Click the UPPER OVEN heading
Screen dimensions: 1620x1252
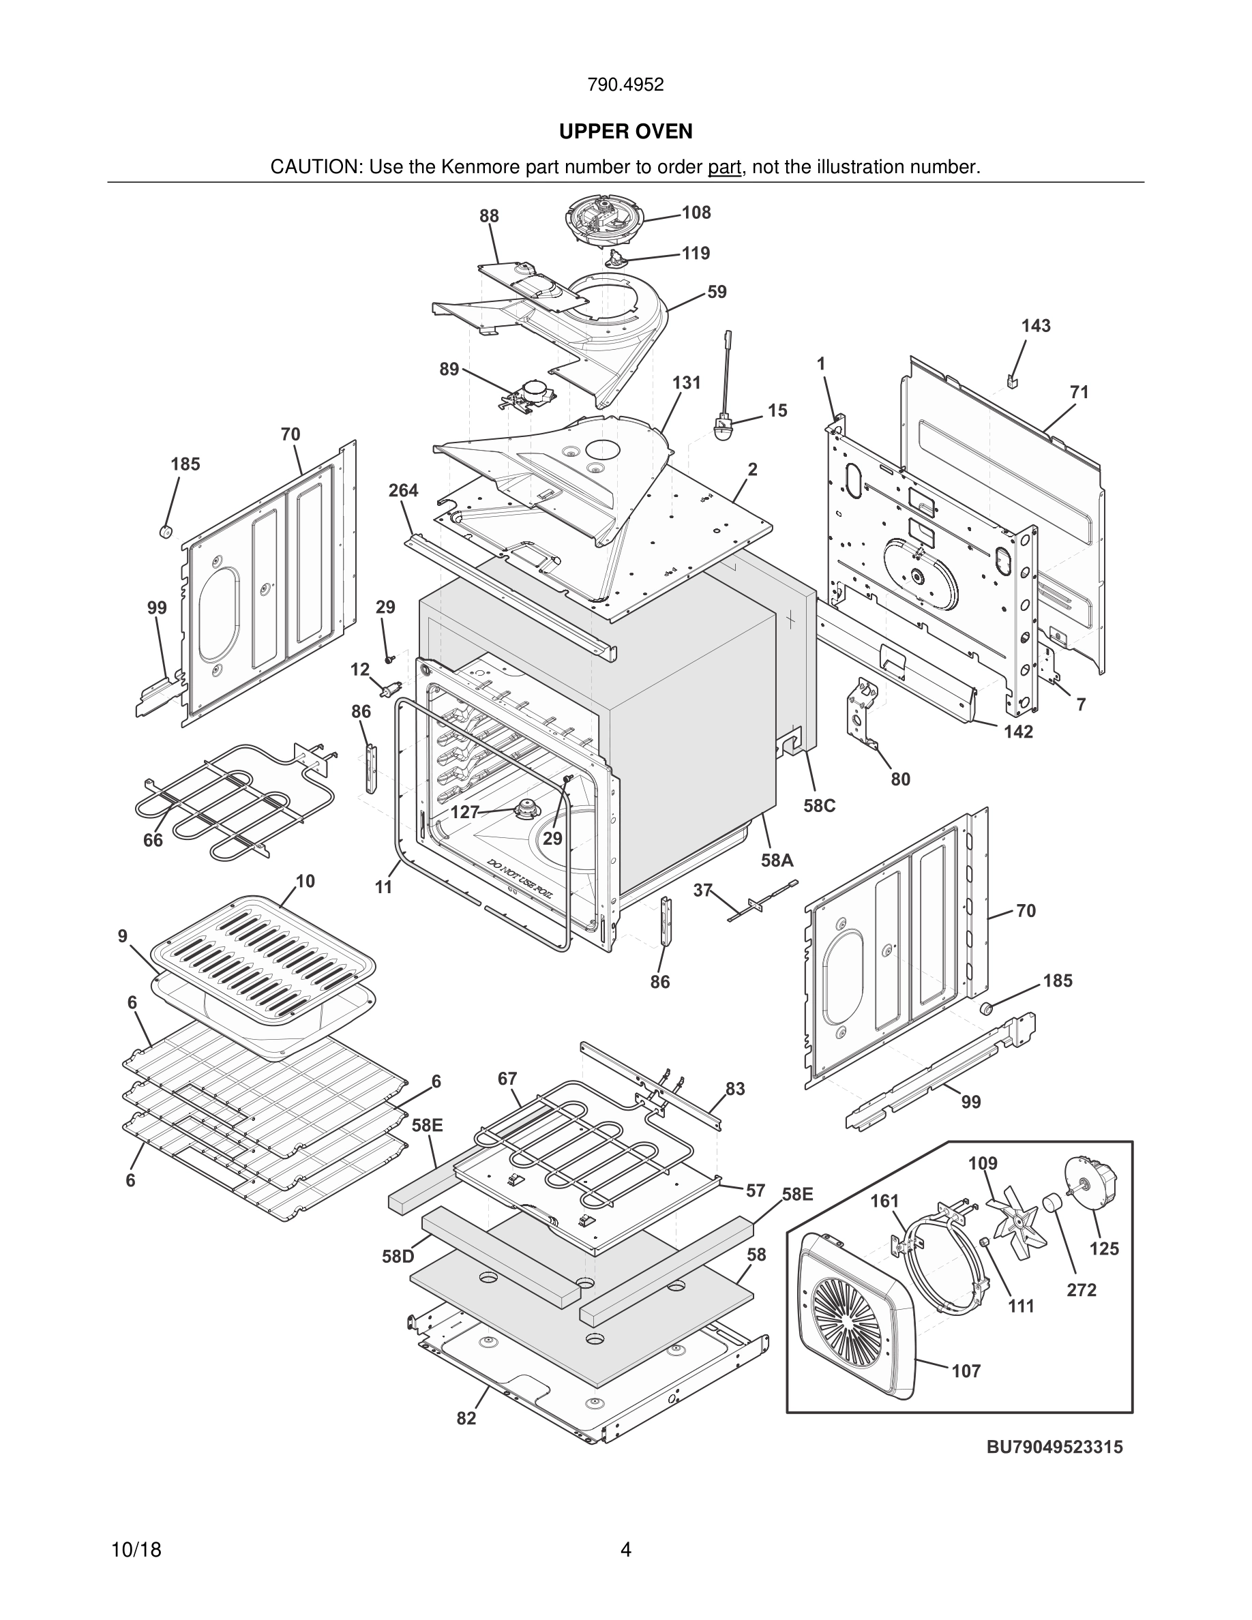tap(625, 132)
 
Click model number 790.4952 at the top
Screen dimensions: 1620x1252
tap(625, 85)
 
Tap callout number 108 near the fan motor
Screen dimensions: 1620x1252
tap(696, 213)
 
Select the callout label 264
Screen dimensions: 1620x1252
tap(403, 490)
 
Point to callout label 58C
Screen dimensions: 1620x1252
tap(819, 805)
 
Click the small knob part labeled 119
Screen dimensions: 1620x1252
tap(616, 256)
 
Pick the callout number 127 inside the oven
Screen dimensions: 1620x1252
tap(465, 812)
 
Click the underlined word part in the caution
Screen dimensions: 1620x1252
tap(724, 167)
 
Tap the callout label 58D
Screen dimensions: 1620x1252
tap(398, 1257)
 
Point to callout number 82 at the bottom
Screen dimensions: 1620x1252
tap(466, 1417)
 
